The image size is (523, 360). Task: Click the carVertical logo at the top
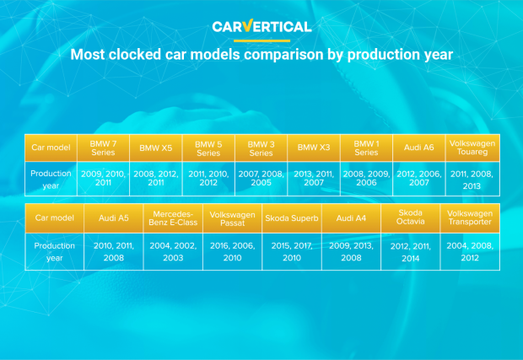261,26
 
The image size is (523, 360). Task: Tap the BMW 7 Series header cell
103,148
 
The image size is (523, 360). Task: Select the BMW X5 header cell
156,148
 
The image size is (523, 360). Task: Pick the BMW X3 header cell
314,148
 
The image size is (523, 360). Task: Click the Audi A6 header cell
419,148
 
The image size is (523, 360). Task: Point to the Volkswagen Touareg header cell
472,148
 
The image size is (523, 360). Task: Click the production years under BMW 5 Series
208,179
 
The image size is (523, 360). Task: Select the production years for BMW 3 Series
261,179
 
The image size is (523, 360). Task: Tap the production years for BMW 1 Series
366,179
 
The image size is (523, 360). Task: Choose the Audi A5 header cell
114,218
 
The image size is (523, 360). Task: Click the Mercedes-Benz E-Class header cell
173,218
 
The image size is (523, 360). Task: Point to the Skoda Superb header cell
292,218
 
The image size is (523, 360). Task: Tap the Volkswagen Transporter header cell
470,218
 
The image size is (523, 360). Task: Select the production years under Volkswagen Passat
233,252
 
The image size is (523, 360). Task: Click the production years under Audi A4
351,252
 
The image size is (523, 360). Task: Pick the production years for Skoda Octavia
411,252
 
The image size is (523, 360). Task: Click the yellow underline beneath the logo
261,41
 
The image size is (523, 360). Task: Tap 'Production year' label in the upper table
51,180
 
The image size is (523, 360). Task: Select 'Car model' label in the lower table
54,218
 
